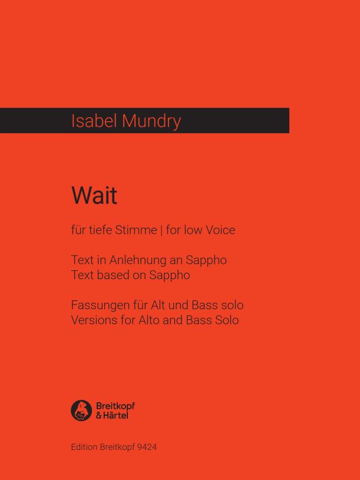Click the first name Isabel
coord(94,121)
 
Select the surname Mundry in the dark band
coord(151,121)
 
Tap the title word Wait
coord(94,196)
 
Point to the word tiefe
coord(100,230)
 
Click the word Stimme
coord(136,230)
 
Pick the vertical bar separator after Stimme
coord(161,230)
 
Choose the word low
coord(193,230)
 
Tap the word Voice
coord(220,230)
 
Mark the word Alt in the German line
coord(158,305)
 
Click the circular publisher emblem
coord(81,411)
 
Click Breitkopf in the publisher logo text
coord(115,406)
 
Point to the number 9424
coord(147,447)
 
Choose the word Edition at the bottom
coord(84,447)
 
